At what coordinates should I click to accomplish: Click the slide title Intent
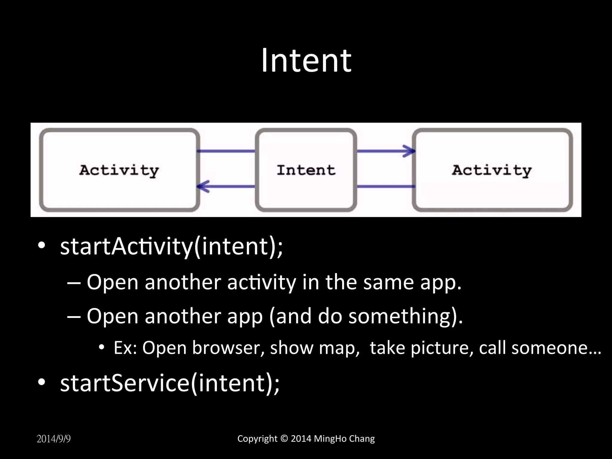(306, 61)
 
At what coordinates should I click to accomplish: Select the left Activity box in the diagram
(119, 170)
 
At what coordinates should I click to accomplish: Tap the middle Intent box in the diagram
(306, 170)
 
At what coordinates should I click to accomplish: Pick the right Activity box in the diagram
(492, 170)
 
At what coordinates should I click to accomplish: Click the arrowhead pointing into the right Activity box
(409, 151)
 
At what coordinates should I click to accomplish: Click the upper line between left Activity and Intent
(226, 151)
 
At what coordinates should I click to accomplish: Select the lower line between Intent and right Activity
(385, 186)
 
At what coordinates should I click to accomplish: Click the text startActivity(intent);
(171, 247)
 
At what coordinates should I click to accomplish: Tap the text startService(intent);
(170, 383)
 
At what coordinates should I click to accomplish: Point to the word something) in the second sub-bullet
(406, 316)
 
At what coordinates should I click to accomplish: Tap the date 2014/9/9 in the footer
(53, 439)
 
